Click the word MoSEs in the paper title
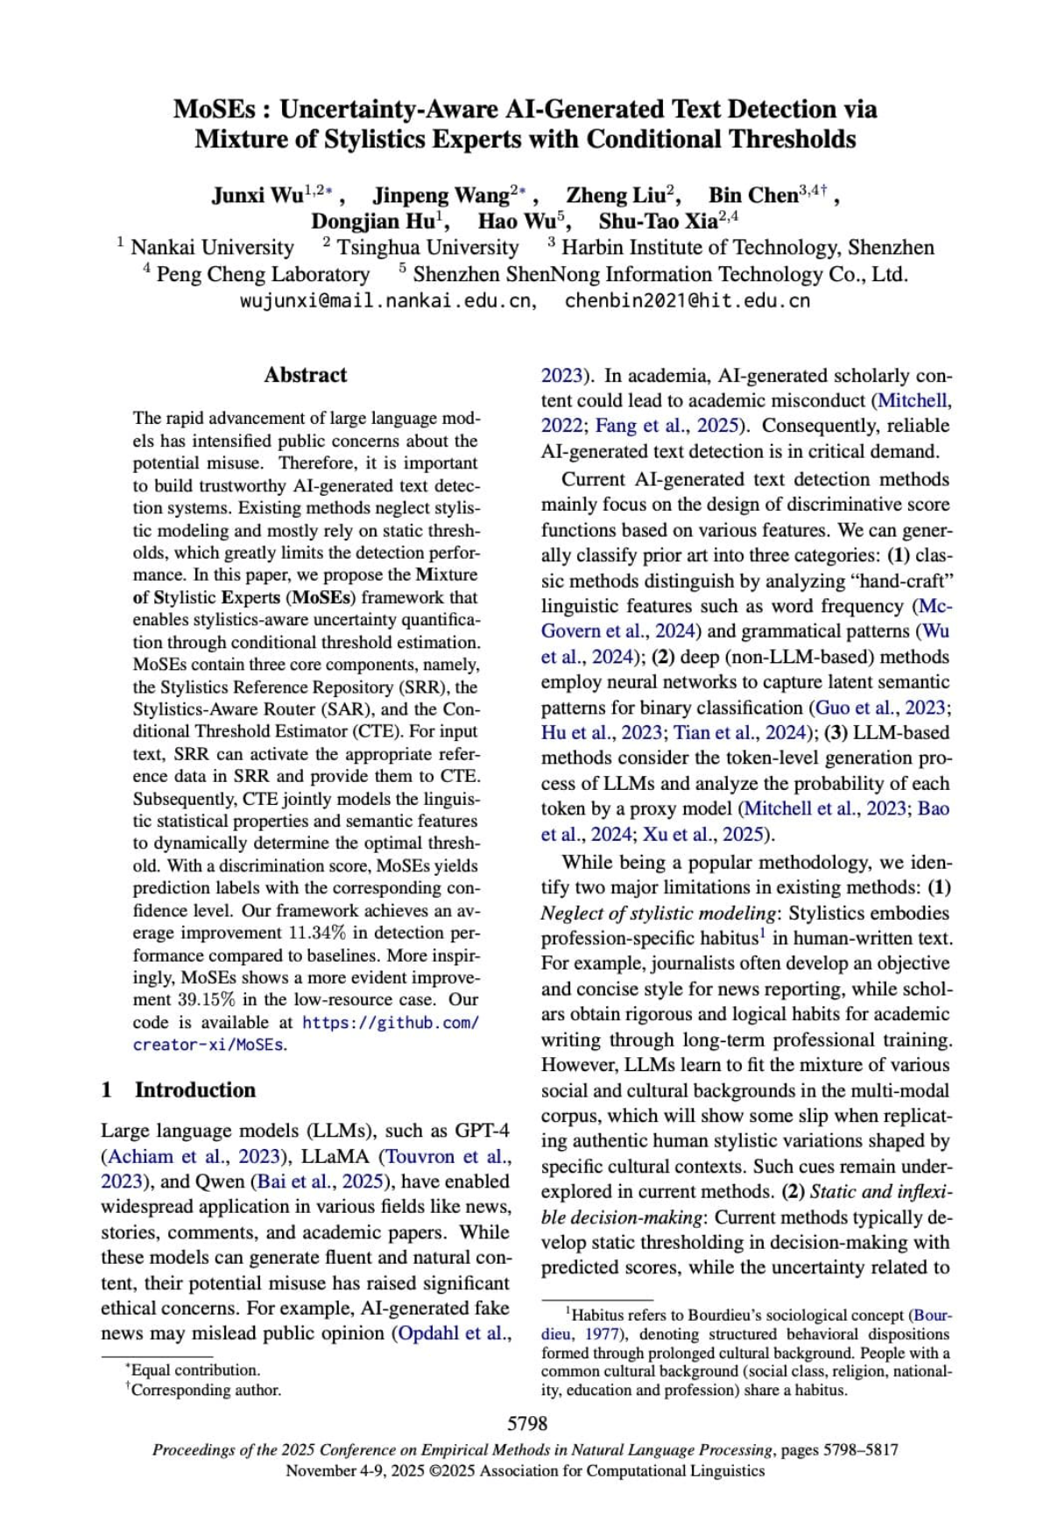[215, 109]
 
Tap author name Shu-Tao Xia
[658, 222]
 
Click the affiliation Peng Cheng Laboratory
[263, 274]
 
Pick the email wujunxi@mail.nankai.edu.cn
[387, 301]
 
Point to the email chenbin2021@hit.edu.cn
[688, 301]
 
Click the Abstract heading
[306, 375]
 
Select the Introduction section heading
[194, 1090]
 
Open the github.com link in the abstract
[391, 1023]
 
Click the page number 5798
[527, 1424]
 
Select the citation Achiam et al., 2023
[194, 1156]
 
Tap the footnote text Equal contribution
[195, 1370]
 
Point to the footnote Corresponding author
[207, 1390]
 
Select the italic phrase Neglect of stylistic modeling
[659, 913]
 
